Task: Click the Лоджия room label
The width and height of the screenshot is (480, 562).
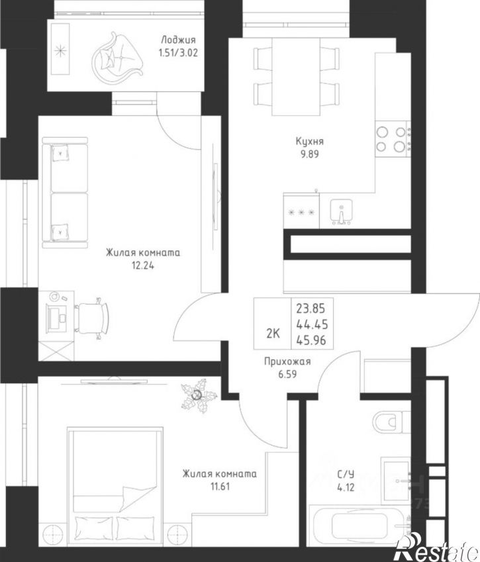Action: pos(178,40)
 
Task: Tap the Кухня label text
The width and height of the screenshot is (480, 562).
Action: pos(309,141)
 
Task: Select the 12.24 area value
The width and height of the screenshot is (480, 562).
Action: pos(142,265)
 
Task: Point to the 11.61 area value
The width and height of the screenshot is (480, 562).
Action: pos(219,487)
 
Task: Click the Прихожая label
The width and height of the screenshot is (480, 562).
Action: pos(287,361)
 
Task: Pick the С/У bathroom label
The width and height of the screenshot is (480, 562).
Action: pos(346,474)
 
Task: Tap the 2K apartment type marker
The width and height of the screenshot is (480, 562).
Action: pos(273,334)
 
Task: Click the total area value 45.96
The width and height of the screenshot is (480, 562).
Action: pos(312,340)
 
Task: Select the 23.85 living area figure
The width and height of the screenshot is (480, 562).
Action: pos(311,308)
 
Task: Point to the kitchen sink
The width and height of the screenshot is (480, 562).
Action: pos(341,211)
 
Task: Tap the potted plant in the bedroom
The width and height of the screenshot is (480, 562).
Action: pos(198,395)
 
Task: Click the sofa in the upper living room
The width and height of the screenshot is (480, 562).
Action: pos(65,193)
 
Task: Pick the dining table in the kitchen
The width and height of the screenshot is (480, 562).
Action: pos(296,77)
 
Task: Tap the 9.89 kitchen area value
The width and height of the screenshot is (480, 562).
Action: pos(310,154)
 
